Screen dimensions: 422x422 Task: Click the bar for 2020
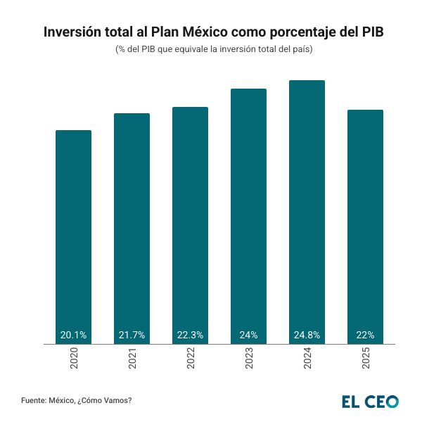(x=73, y=232)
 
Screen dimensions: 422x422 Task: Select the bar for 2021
(x=132, y=225)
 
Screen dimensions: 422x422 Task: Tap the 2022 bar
(x=190, y=222)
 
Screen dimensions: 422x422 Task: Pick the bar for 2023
(x=248, y=211)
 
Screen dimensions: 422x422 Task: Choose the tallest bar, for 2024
(x=307, y=207)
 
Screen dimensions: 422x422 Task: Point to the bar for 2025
(x=365, y=222)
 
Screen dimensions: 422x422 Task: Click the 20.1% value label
(x=73, y=335)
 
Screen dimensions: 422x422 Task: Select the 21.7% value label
(x=132, y=335)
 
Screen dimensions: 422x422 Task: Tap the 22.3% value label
(x=190, y=335)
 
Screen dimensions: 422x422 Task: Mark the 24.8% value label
(x=307, y=335)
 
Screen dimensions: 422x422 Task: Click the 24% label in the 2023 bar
(x=248, y=335)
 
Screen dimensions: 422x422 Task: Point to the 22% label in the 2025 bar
(x=365, y=335)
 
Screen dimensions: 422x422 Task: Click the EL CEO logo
(x=370, y=402)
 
